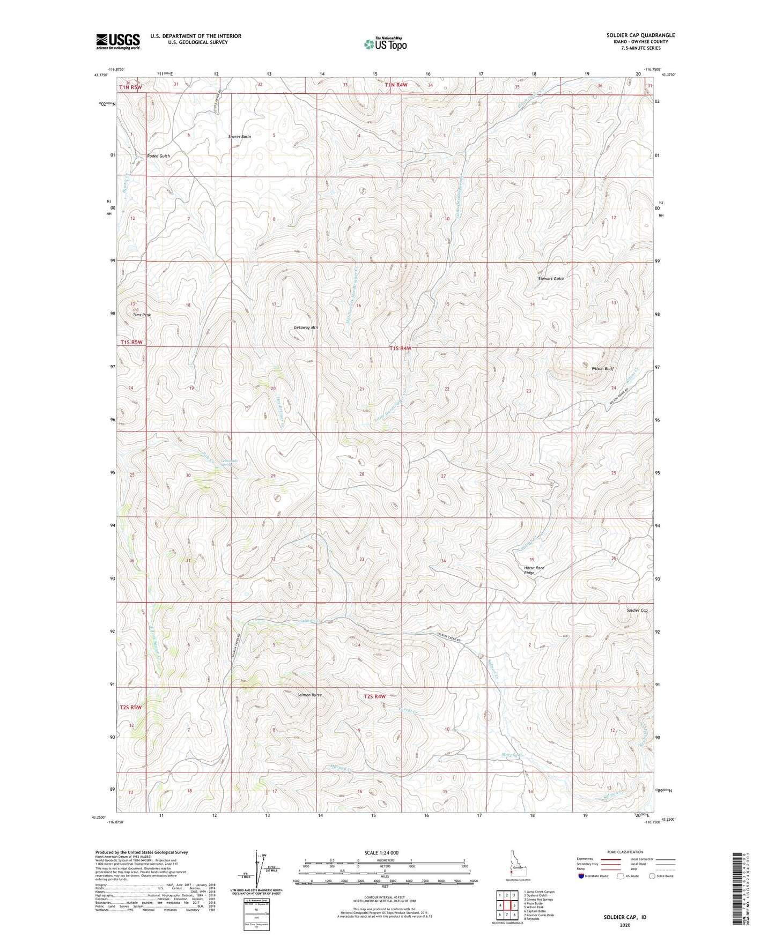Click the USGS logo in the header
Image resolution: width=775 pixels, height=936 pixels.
[117, 41]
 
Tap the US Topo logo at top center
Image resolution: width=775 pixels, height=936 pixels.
[384, 44]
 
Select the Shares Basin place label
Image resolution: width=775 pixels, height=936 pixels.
[239, 137]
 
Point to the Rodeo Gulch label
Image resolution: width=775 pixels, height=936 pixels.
[158, 156]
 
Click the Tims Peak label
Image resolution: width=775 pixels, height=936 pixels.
[142, 315]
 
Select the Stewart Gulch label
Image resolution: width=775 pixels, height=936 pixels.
[551, 279]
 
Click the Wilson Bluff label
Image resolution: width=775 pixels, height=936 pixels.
[602, 369]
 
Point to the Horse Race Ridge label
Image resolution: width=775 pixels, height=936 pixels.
[533, 570]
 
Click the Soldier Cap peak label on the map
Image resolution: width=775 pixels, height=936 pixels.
[637, 611]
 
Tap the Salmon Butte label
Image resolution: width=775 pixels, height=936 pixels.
[309, 695]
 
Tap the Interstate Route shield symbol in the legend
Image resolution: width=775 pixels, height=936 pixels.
[582, 876]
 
